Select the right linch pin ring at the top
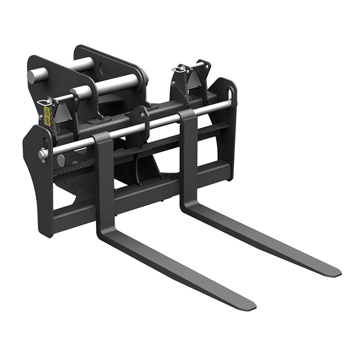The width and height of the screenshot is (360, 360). pos(178,69)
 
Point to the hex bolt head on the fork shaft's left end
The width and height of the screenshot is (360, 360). pos(42,154)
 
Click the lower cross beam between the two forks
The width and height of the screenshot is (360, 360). pos(147,187)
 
